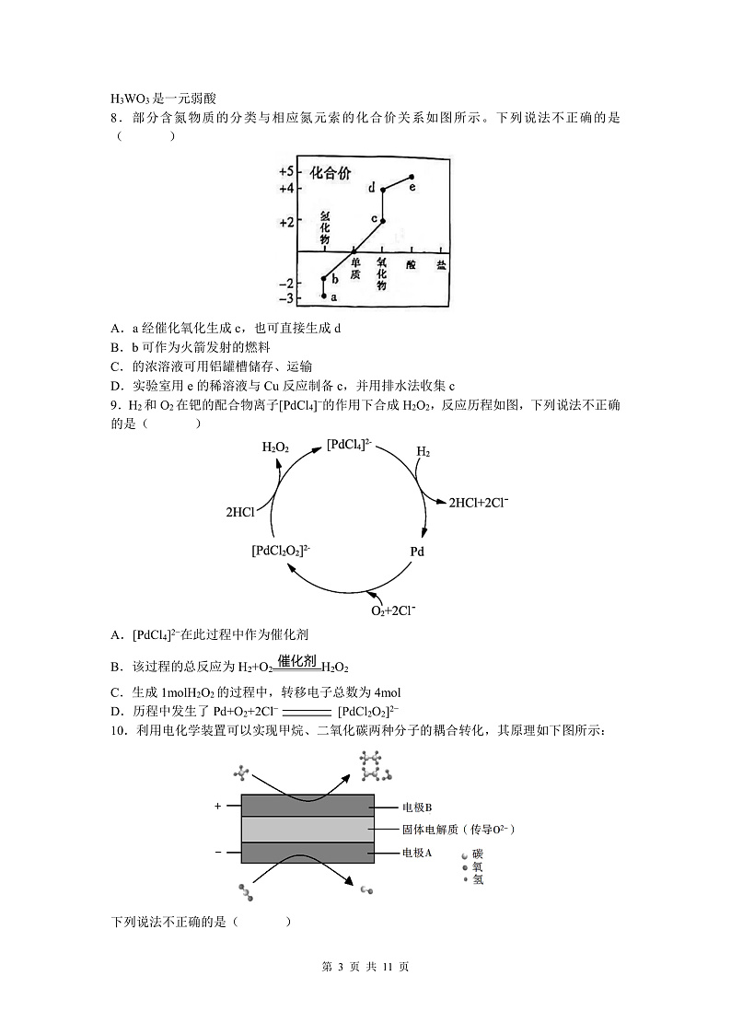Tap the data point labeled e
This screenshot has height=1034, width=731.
pyautogui.click(x=412, y=177)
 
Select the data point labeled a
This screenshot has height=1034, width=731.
pyautogui.click(x=324, y=296)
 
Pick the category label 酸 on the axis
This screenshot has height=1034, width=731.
pyautogui.click(x=411, y=265)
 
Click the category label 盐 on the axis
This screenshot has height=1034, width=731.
pyautogui.click(x=441, y=265)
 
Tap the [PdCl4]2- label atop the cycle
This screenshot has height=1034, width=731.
pyautogui.click(x=350, y=446)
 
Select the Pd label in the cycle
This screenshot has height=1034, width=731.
pyautogui.click(x=417, y=552)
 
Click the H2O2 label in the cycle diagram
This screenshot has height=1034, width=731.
pyautogui.click(x=275, y=447)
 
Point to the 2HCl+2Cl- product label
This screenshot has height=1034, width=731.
pyautogui.click(x=479, y=503)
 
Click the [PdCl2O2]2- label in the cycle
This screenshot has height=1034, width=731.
pyautogui.click(x=281, y=551)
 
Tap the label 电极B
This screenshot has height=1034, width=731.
pyautogui.click(x=417, y=807)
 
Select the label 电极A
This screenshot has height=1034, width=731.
pyautogui.click(x=417, y=853)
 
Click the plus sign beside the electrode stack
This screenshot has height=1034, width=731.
pyautogui.click(x=218, y=806)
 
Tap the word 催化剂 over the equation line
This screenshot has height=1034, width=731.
pyautogui.click(x=297, y=660)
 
